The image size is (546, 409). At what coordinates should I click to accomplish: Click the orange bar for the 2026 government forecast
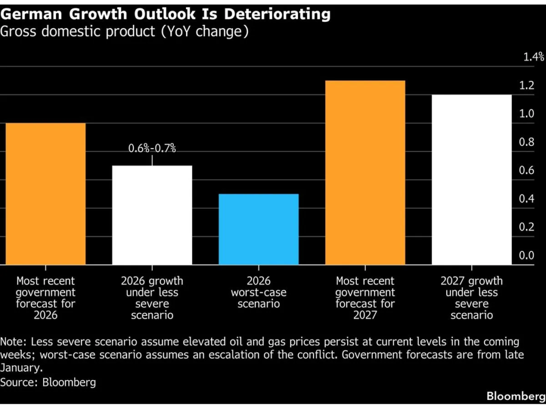pos(45,194)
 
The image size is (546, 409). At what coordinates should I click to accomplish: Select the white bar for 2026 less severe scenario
pos(152,215)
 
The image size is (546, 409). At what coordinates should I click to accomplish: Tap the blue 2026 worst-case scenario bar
pos(259,230)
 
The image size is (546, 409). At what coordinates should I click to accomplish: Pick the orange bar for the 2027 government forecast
pos(365,173)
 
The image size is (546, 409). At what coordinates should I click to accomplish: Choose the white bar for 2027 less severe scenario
pos(472,179)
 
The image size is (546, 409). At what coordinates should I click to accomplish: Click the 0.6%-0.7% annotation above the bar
pos(152,149)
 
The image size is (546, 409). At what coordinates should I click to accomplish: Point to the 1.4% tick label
pos(533,57)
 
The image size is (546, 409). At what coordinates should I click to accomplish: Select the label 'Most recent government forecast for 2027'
pos(365,298)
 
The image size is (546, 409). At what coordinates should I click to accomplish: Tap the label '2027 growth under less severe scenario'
pos(472,298)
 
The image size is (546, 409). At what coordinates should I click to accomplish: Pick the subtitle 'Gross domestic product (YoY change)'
pos(125,31)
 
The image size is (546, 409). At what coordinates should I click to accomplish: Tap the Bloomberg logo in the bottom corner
pos(515,396)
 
